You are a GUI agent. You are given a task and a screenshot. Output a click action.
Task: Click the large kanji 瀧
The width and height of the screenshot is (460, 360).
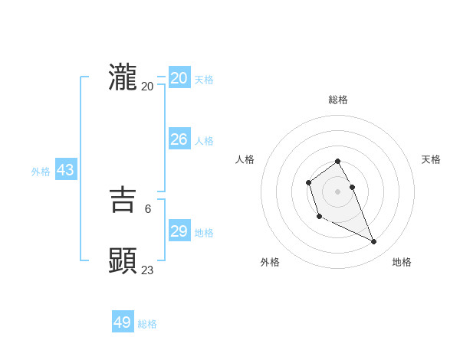[123, 78]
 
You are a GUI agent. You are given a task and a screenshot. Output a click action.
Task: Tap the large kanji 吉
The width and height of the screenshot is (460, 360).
[123, 201]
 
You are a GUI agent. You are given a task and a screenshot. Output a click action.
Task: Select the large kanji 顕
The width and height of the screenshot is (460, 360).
[123, 261]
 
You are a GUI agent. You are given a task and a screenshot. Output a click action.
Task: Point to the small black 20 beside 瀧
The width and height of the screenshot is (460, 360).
[147, 86]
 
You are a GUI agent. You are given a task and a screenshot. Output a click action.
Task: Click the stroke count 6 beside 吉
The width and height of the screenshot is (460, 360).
[147, 208]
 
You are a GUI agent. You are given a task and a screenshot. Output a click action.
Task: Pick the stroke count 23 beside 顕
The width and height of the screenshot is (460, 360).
[147, 269]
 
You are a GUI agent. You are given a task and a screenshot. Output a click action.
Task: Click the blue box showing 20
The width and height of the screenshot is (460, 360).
[179, 78]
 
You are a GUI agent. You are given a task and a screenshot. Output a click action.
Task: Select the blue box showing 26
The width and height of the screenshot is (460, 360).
[179, 139]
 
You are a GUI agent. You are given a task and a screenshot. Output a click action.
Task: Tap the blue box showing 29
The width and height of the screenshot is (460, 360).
[179, 231]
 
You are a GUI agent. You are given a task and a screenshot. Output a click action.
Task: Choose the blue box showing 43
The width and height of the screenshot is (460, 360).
[65, 170]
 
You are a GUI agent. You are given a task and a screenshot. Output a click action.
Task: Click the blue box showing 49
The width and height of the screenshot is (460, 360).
[123, 322]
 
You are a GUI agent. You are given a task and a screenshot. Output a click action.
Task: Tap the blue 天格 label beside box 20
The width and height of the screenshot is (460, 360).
[204, 80]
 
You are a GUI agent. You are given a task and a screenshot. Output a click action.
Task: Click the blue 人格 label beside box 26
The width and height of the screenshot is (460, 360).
[204, 141]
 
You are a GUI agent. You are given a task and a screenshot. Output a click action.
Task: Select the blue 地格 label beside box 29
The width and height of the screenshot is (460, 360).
[204, 233]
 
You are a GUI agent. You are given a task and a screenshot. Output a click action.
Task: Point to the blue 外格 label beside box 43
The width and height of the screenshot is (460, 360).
[41, 172]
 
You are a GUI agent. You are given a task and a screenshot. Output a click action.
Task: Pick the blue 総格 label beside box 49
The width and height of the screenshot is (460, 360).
[147, 324]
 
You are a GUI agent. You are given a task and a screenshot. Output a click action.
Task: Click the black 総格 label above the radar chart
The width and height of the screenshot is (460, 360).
[338, 100]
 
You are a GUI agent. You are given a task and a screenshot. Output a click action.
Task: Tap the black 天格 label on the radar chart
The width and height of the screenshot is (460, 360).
[431, 159]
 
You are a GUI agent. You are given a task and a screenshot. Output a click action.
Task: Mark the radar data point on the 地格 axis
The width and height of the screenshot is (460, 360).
[374, 242]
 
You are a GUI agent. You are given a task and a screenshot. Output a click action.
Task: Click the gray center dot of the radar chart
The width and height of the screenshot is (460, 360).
[337, 191]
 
